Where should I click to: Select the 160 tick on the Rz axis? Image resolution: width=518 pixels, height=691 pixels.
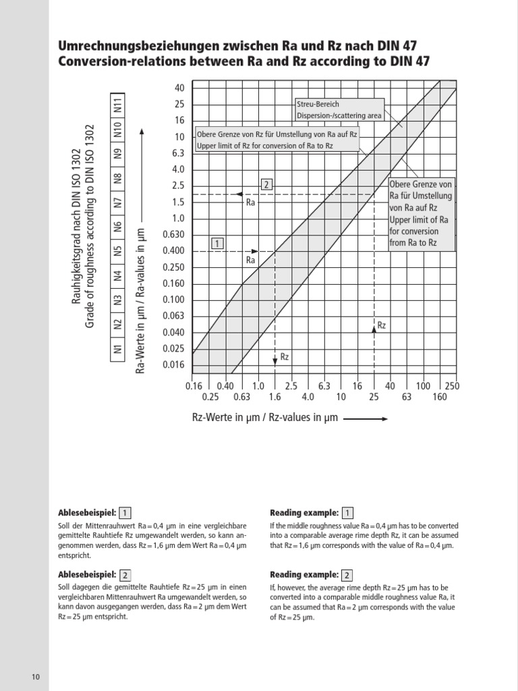tap(439, 397)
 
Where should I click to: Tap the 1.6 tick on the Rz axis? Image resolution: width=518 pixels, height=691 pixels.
tap(275, 397)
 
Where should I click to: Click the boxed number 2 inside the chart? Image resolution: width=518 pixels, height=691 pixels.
tap(266, 184)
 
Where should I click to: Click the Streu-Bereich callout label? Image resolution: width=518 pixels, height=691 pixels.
tap(318, 105)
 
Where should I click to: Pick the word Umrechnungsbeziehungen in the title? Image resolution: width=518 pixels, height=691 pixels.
tap(126, 46)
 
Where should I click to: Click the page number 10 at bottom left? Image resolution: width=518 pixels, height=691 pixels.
tap(35, 677)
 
